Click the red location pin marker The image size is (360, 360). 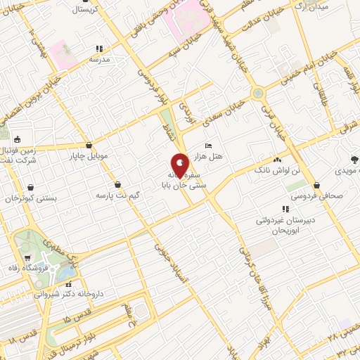tap(180, 166)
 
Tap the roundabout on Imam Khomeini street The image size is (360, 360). tap(258, 92)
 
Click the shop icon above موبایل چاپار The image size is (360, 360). tap(88, 143)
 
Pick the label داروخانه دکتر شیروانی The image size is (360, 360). tap(74, 295)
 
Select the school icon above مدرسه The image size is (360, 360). tap(99, 49)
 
